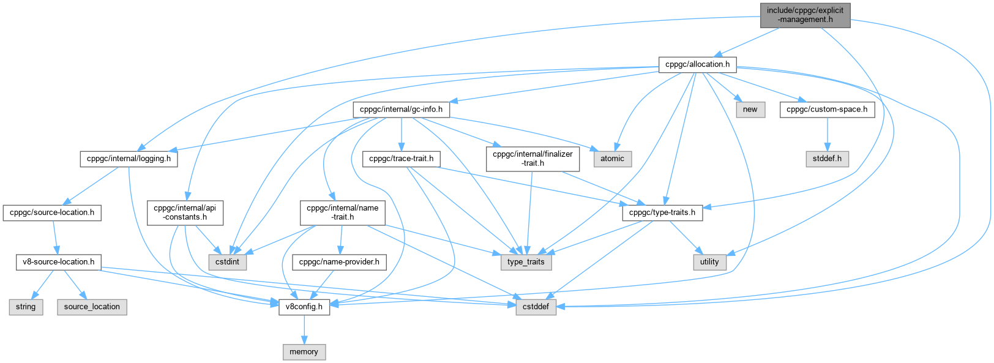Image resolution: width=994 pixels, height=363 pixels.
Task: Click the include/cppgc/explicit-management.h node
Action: tap(805, 15)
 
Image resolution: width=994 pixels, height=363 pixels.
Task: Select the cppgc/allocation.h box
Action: tap(697, 64)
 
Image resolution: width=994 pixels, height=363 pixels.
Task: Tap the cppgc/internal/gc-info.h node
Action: tap(401, 110)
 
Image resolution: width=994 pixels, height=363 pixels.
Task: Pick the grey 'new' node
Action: tap(750, 110)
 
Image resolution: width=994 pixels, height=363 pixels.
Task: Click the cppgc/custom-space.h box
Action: tap(827, 110)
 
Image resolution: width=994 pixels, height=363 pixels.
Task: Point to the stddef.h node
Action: tap(827, 159)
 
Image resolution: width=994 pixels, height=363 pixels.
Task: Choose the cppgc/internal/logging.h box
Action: tap(128, 159)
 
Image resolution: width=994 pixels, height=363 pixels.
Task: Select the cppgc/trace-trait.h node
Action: tap(401, 159)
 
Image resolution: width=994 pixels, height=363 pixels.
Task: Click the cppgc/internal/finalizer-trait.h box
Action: tap(532, 159)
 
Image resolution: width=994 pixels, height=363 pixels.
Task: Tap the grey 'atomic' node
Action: tap(612, 159)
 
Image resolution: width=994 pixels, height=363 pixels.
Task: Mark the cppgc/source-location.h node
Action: tap(52, 212)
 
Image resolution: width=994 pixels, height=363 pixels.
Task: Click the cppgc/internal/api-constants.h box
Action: tap(185, 212)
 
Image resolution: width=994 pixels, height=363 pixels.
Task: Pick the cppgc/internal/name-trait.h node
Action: tap(342, 212)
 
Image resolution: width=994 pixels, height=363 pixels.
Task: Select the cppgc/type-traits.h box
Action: tap(662, 212)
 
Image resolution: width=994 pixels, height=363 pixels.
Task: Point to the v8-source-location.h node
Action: tap(58, 261)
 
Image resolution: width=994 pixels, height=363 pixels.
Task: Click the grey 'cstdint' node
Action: tap(228, 261)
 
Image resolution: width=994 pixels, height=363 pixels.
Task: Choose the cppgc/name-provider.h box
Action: tap(339, 261)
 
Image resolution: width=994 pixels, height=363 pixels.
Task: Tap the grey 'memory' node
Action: tap(304, 352)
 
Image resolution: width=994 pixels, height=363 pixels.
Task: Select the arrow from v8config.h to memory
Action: tap(304, 329)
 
